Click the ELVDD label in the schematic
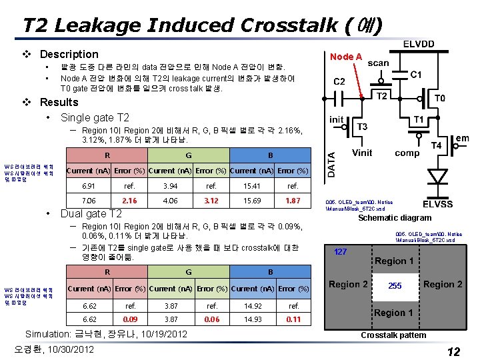417,44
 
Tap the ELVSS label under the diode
437,203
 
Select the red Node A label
346,57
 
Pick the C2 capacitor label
339,82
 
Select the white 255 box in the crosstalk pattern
395,285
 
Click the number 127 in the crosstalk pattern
341,252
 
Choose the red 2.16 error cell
129,201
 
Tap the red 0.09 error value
131,319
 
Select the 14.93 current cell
253,319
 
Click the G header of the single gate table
189,155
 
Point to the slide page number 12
453,351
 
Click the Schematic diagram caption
395,218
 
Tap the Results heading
59,102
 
